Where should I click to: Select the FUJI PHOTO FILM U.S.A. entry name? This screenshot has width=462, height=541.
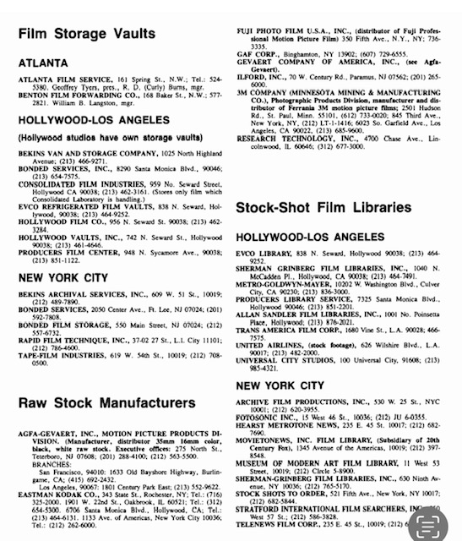(x=291, y=8)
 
